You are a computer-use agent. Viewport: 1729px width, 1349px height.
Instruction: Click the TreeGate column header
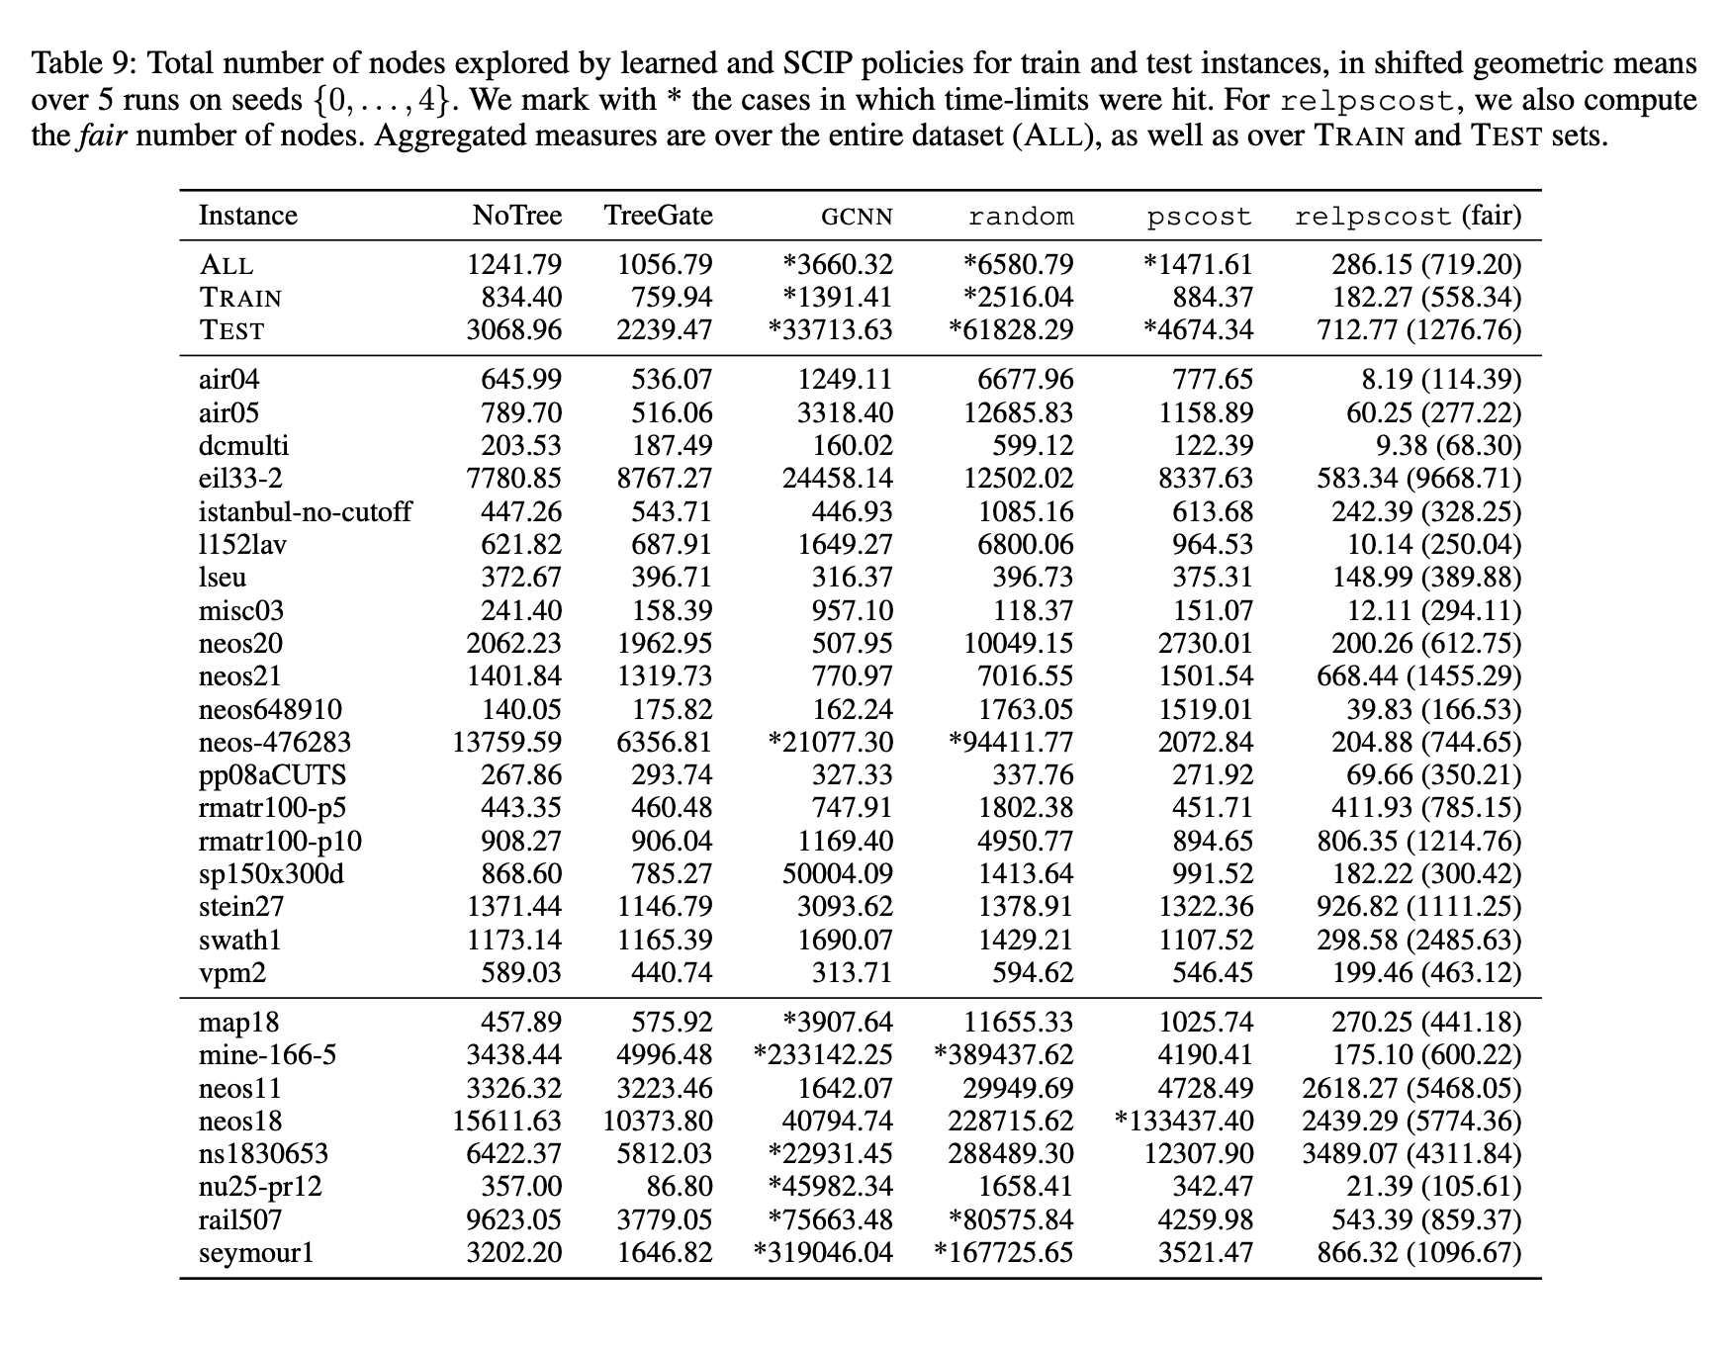(658, 216)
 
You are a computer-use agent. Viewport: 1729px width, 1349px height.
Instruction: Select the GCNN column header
(857, 217)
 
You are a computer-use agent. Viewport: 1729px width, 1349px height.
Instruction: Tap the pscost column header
(1199, 217)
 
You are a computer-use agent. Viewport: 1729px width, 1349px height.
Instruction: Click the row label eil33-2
(240, 479)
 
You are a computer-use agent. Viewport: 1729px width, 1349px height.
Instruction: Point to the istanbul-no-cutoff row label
(305, 511)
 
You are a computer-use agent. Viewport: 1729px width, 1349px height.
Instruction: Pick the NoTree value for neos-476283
(506, 742)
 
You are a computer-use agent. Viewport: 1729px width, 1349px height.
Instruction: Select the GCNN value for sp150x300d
(837, 874)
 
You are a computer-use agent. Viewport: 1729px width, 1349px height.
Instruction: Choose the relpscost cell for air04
(1433, 380)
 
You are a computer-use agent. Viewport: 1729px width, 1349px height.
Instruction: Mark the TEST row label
(231, 330)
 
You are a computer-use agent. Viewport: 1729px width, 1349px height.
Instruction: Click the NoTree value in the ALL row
(514, 265)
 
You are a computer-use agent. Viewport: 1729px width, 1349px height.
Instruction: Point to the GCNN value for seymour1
(823, 1252)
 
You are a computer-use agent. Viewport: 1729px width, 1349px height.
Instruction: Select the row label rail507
(240, 1219)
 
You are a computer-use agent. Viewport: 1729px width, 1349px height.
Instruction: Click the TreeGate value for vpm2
(672, 972)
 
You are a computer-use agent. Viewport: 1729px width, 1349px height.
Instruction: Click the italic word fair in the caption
(102, 135)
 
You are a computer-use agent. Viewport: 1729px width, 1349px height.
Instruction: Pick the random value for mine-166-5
(1003, 1054)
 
